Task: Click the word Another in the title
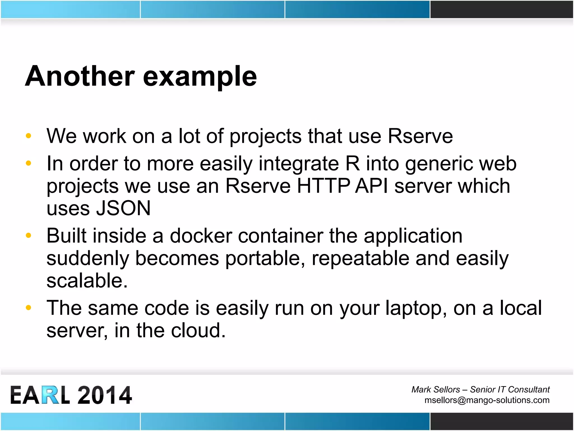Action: tap(80, 76)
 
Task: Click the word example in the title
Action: tap(200, 77)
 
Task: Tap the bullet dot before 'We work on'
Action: tap(28, 136)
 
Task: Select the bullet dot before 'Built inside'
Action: tap(28, 235)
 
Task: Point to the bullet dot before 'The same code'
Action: tap(28, 308)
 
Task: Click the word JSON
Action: tap(123, 208)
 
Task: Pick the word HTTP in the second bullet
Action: tap(323, 186)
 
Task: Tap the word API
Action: tap(371, 186)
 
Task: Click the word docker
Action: tap(201, 236)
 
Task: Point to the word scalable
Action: tap(87, 281)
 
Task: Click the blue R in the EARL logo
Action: tap(51, 395)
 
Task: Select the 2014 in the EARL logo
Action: tap(105, 395)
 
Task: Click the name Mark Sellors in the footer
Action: tap(436, 389)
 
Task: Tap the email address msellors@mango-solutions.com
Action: tap(487, 400)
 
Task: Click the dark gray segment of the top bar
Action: tap(501, 9)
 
